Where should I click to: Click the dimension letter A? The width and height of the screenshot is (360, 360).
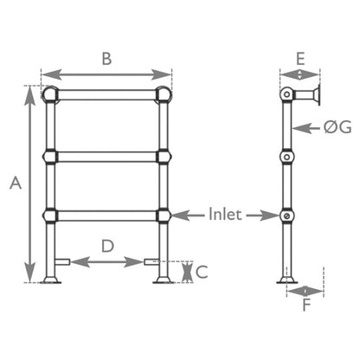(15, 183)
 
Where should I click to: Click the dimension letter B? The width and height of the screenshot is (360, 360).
(106, 60)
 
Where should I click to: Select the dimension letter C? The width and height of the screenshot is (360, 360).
(202, 271)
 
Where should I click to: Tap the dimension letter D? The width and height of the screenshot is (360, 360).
(107, 246)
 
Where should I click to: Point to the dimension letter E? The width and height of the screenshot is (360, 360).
(300, 59)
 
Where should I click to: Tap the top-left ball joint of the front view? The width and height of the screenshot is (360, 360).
(51, 93)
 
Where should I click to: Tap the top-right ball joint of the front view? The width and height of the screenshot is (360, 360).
(163, 93)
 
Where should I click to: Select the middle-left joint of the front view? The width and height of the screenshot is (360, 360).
(51, 157)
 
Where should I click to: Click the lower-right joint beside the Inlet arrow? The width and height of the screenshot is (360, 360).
(163, 215)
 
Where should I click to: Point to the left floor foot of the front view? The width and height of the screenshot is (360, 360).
(51, 279)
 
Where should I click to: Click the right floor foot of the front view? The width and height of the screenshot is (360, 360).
(163, 279)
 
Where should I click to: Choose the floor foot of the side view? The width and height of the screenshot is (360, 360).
(286, 278)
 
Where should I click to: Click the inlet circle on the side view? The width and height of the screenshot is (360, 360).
(286, 215)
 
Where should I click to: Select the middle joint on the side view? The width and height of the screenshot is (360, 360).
(286, 157)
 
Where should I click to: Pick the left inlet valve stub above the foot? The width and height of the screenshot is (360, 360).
(62, 260)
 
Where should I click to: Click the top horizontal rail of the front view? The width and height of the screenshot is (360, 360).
(106, 93)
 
